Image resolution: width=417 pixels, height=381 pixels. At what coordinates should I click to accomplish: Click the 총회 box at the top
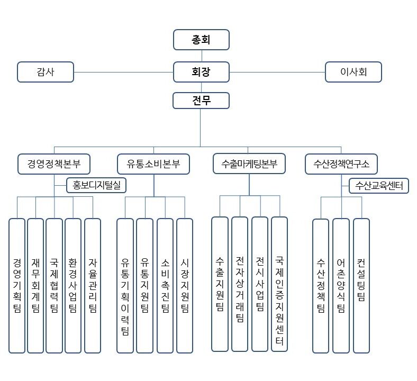tap(201, 39)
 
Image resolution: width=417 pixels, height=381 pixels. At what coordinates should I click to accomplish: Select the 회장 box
tap(201, 72)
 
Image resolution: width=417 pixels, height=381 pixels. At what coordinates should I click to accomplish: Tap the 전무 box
tap(201, 101)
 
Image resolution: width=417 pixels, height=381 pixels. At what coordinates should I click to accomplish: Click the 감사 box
tap(46, 72)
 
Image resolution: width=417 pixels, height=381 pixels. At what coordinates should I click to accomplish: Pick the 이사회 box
tap(353, 72)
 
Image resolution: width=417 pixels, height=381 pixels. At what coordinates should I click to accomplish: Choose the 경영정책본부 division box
tap(53, 164)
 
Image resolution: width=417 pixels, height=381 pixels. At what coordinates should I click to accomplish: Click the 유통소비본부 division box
tap(153, 164)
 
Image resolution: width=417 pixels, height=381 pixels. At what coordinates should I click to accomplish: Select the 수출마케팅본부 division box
tap(249, 164)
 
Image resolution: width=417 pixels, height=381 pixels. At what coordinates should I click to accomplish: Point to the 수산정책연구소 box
tap(341, 164)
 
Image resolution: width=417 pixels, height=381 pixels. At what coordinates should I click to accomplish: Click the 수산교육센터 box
tap(379, 186)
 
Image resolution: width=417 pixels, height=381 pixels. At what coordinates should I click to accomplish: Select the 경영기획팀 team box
tap(17, 285)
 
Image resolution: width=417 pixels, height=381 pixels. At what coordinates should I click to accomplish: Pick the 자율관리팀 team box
tap(93, 285)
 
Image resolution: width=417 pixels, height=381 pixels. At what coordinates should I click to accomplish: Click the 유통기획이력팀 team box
tap(125, 285)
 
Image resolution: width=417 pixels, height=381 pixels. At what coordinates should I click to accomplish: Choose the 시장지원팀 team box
tap(185, 285)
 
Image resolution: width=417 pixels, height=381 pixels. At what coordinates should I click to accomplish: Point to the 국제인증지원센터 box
tap(279, 284)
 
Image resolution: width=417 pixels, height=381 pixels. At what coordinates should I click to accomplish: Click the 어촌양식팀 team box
tap(341, 285)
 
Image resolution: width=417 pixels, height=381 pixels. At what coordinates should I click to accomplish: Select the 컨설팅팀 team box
tap(361, 285)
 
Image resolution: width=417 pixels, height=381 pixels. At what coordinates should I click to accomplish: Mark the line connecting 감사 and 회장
tap(124, 72)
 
